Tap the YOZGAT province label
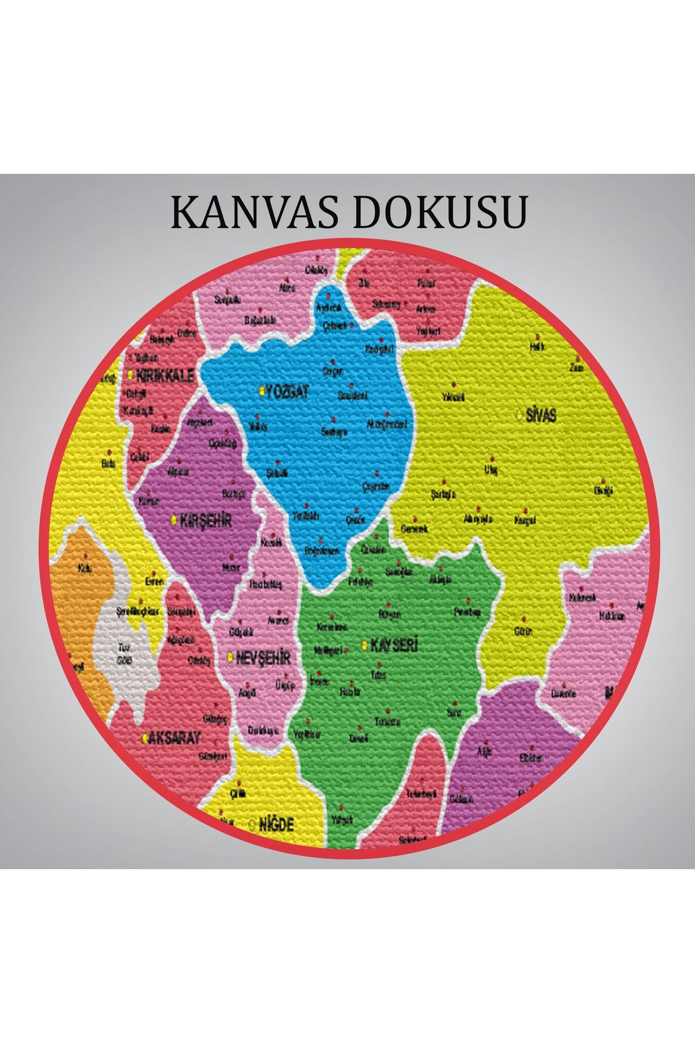(x=287, y=392)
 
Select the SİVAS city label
(x=542, y=415)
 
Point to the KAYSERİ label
(x=394, y=646)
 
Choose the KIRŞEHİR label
(x=206, y=520)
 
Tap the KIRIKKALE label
(x=164, y=375)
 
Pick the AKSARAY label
(x=175, y=738)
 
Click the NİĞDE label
(x=276, y=824)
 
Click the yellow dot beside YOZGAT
(x=262, y=392)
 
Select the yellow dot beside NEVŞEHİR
(x=231, y=658)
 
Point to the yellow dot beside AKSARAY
(x=145, y=739)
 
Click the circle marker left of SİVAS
(x=519, y=415)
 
